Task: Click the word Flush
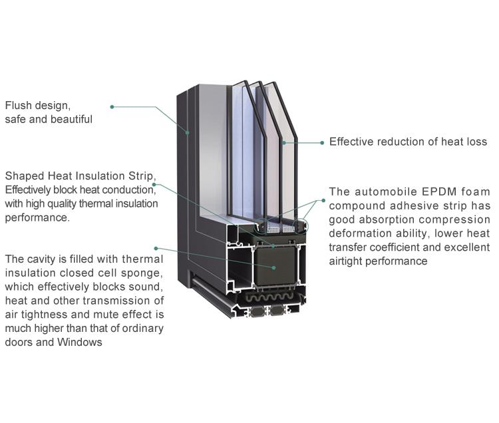coord(19,105)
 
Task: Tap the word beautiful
coord(71,120)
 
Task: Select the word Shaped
coord(23,176)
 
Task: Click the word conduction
coord(129,190)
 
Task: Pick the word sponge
coord(144,273)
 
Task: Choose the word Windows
coord(83,343)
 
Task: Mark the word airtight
coord(346,261)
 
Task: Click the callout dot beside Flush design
coord(112,106)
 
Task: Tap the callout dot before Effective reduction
coord(322,142)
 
